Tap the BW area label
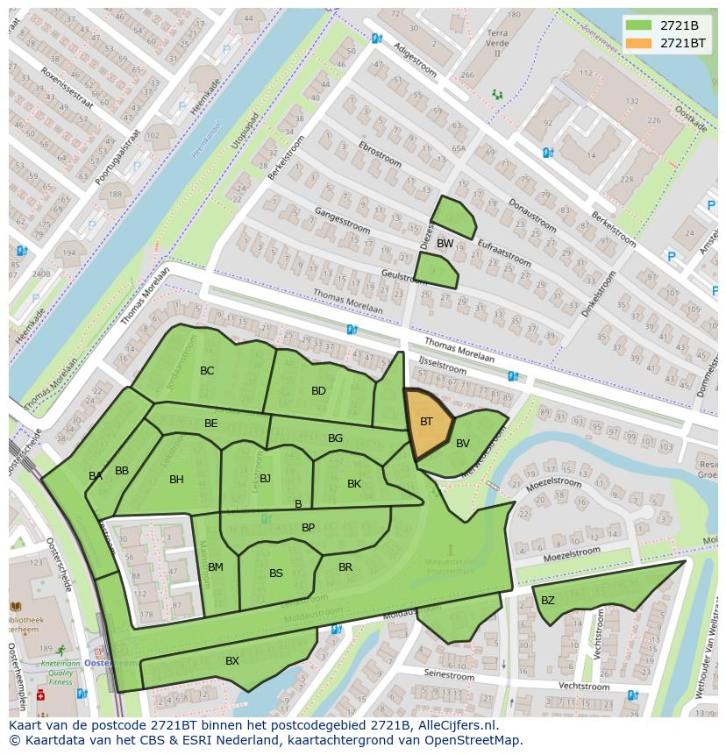pos(445,244)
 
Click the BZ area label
pos(548,601)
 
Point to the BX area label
pos(232,661)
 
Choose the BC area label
pos(207,371)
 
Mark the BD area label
pos(318,391)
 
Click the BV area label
pos(463,444)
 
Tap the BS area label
pos(276,573)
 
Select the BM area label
pos(216,567)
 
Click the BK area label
pos(354,484)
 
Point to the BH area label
pos(177,480)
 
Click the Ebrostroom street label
pos(381,155)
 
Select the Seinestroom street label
pos(450,675)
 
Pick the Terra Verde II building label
pos(497,43)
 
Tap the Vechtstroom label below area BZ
pos(584,686)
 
